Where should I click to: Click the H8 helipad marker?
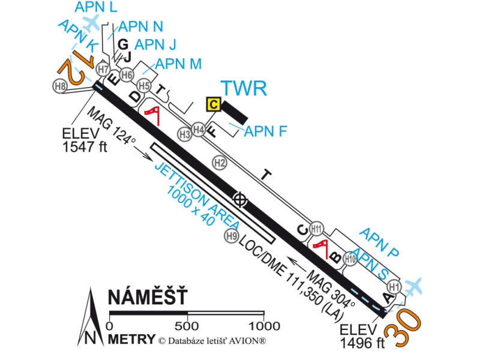click(x=60, y=86)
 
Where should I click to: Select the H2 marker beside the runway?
click(x=220, y=162)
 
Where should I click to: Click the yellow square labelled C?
click(x=212, y=104)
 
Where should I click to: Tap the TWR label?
click(x=244, y=89)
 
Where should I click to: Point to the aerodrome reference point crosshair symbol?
click(x=241, y=199)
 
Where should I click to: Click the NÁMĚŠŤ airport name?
click(x=148, y=298)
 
